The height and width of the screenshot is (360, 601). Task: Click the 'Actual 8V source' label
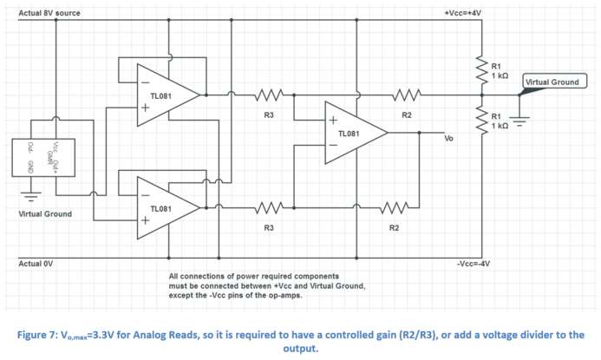coord(50,12)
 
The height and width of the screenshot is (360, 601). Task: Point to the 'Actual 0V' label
coord(36,263)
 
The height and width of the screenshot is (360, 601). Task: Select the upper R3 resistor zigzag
coord(270,94)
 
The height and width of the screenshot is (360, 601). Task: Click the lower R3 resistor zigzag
coord(270,207)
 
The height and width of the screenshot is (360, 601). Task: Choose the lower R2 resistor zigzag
coord(394,207)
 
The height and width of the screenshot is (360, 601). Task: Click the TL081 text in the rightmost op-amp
coord(348,134)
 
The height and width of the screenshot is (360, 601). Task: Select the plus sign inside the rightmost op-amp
coord(331,120)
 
